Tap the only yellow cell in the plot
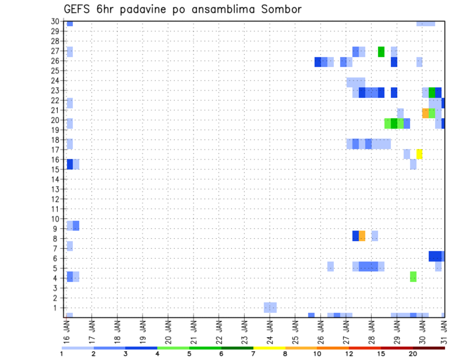[419, 154]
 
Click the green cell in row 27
[381, 51]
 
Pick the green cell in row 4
[413, 277]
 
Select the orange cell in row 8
[362, 236]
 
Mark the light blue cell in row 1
[270, 307]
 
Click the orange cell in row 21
[426, 113]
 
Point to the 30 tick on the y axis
[55, 21]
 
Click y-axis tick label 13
[55, 189]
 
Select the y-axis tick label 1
[57, 308]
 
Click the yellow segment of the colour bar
[269, 348]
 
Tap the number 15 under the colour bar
[381, 354]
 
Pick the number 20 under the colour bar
[413, 354]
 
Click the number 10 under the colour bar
[317, 354]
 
